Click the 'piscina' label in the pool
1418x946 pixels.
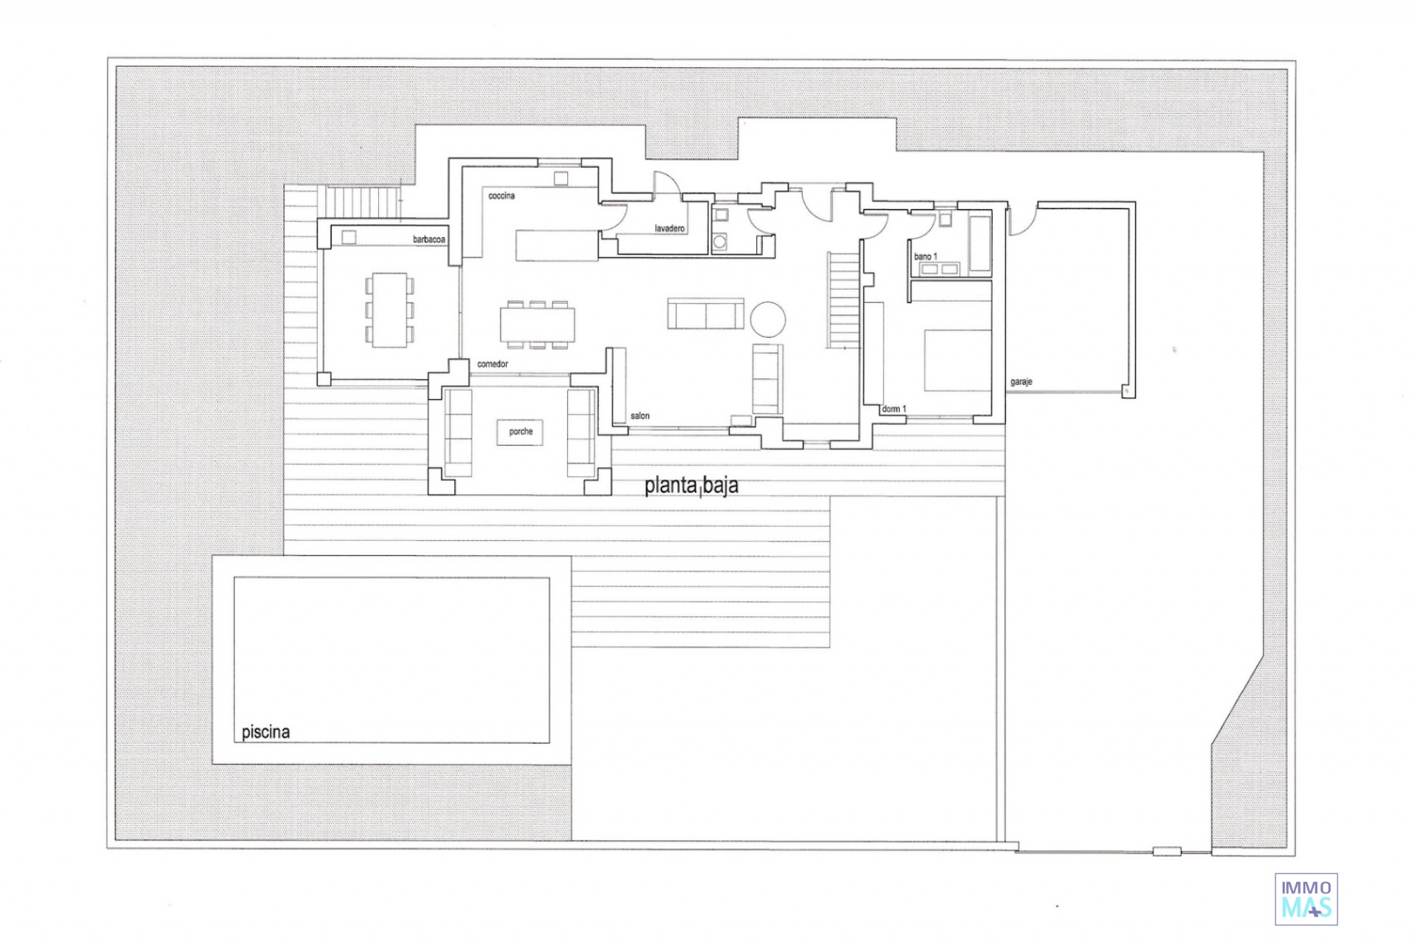tap(265, 732)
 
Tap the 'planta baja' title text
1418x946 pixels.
tap(691, 486)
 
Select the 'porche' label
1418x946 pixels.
tap(521, 432)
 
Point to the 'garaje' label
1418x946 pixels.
tap(1021, 382)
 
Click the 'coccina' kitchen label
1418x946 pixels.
tap(501, 196)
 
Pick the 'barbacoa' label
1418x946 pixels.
tap(429, 239)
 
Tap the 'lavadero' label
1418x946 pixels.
tap(670, 228)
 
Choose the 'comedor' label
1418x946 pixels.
tap(493, 364)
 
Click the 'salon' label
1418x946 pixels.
tap(640, 415)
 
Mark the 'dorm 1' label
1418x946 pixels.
tap(894, 409)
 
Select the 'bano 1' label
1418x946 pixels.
tap(925, 256)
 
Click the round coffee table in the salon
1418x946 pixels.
tap(768, 319)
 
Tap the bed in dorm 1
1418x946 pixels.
tap(958, 360)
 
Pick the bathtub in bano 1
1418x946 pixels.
tap(980, 243)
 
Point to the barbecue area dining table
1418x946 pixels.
tap(389, 310)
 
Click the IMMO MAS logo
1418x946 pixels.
tap(1306, 899)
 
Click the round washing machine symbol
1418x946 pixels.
tap(720, 241)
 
